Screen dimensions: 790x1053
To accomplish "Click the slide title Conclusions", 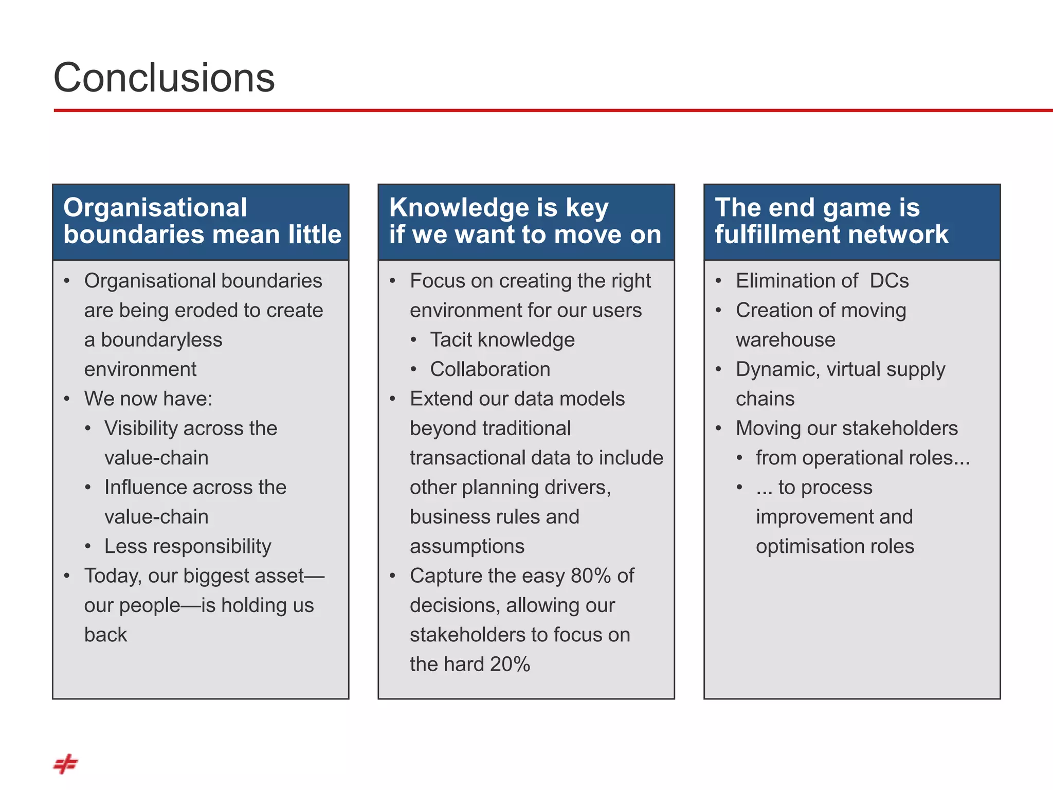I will click(164, 78).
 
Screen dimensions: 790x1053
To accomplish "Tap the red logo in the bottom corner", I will click(65, 764).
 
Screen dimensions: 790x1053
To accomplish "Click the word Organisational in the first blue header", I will click(155, 208).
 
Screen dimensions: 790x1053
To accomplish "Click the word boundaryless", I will click(161, 340).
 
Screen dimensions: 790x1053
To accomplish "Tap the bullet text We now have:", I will click(148, 399).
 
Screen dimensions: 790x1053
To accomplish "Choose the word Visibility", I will click(141, 428).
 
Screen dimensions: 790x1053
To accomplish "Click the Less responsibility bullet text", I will click(188, 547).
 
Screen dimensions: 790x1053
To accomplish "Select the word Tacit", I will click(450, 340).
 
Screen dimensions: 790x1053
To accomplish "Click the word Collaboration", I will click(490, 369).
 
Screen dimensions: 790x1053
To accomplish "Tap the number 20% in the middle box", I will click(510, 665).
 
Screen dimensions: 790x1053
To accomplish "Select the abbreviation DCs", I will click(889, 281).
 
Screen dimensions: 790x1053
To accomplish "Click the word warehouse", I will click(785, 340).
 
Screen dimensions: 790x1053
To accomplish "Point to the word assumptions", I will click(467, 547).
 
